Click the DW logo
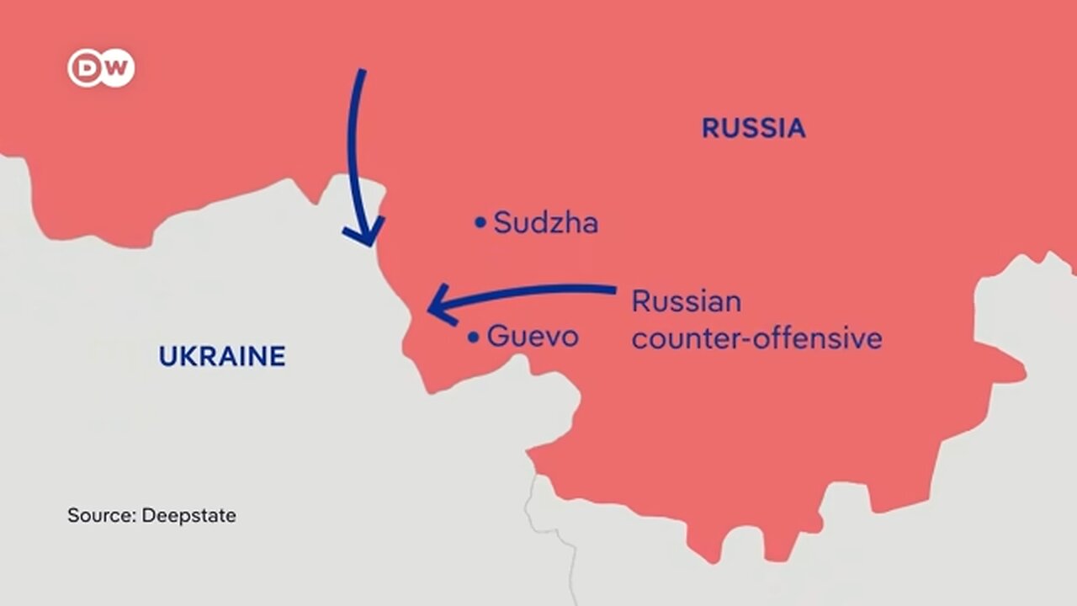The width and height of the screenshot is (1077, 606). (101, 68)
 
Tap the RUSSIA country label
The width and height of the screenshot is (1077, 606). (753, 128)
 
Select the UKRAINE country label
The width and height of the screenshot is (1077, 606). (222, 356)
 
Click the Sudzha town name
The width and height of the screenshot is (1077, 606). (546, 223)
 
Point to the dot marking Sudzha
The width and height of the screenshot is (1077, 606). (480, 222)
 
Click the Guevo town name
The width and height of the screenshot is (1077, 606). (533, 337)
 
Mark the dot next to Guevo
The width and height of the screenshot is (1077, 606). (473, 338)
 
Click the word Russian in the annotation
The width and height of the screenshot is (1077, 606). (687, 300)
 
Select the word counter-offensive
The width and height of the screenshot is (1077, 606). (756, 338)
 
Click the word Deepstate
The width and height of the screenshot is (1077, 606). (188, 515)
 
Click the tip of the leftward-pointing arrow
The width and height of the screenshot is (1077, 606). (429, 309)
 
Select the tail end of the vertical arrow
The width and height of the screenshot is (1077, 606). (363, 72)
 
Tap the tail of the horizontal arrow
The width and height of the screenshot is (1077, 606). (614, 290)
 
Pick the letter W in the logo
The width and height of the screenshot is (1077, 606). (116, 68)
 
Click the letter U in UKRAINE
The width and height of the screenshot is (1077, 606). (167, 356)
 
